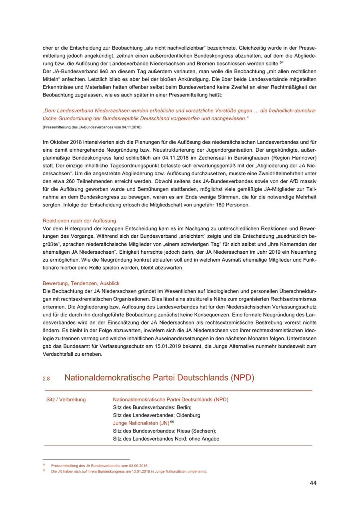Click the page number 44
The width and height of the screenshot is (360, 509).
[313, 483]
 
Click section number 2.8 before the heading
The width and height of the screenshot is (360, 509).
[46, 379]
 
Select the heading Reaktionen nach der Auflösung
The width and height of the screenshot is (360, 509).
[79, 220]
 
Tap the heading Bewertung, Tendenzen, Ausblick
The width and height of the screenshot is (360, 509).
[81, 283]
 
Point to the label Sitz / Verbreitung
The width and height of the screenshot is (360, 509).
[66, 399]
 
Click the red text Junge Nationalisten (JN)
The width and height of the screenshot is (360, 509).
[141, 423]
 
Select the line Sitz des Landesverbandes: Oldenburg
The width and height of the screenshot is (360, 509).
[156, 415]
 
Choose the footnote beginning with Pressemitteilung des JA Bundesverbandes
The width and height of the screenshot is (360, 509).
[100, 466]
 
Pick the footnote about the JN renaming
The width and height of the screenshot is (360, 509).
[129, 471]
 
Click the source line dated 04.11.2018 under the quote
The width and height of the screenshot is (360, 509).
[92, 127]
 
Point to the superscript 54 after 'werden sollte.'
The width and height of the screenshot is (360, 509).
[282, 62]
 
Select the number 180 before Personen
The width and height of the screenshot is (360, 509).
[215, 205]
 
